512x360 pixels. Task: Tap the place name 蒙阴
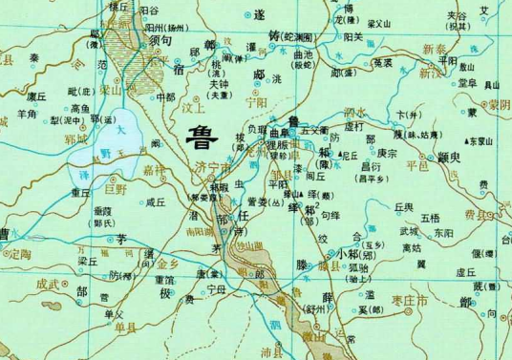tap(494, 105)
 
